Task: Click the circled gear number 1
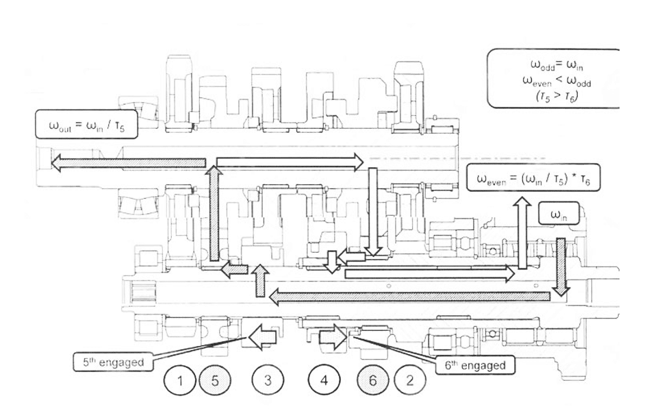click(180, 380)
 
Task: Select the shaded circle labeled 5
click(215, 380)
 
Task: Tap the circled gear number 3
click(268, 380)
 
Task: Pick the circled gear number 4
click(324, 380)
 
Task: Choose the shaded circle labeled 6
click(373, 380)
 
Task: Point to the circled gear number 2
click(410, 380)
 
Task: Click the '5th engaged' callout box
click(114, 362)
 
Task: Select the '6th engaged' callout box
click(475, 365)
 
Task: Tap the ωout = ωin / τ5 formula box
click(86, 124)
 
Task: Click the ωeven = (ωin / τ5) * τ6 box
click(533, 178)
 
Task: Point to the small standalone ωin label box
click(559, 214)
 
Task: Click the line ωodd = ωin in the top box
click(557, 65)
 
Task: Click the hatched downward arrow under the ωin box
click(561, 267)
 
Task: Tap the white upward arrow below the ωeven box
click(522, 233)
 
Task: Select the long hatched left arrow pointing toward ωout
click(129, 162)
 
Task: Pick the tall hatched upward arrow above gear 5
click(214, 213)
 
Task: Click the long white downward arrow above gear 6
click(373, 212)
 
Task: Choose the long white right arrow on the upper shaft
click(290, 162)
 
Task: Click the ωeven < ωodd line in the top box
click(557, 81)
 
